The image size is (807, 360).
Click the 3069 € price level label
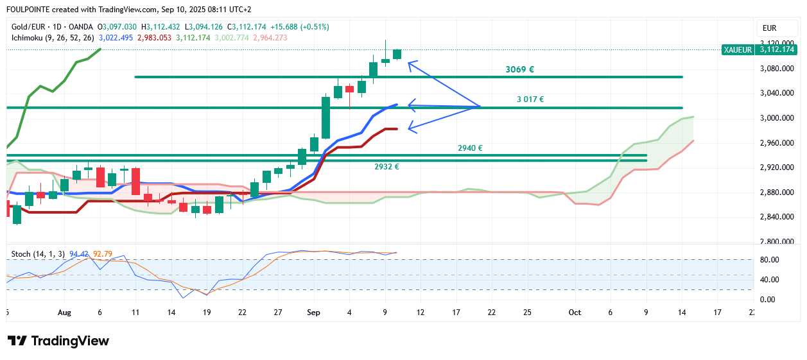(x=519, y=69)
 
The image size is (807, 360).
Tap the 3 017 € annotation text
(x=530, y=99)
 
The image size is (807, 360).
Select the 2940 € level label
(x=470, y=148)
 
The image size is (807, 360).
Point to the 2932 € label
(x=386, y=167)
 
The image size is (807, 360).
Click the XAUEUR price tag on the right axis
(x=737, y=49)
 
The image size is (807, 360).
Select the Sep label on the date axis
(x=313, y=313)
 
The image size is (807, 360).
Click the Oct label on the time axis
(x=575, y=313)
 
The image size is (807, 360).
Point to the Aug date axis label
(x=64, y=313)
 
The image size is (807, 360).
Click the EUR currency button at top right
(x=769, y=28)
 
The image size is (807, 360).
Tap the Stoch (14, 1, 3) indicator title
(x=38, y=254)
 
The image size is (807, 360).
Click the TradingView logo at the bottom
(x=58, y=341)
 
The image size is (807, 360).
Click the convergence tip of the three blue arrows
(x=480, y=106)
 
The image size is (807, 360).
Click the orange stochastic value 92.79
(x=103, y=254)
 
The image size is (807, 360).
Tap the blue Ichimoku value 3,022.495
(x=116, y=38)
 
